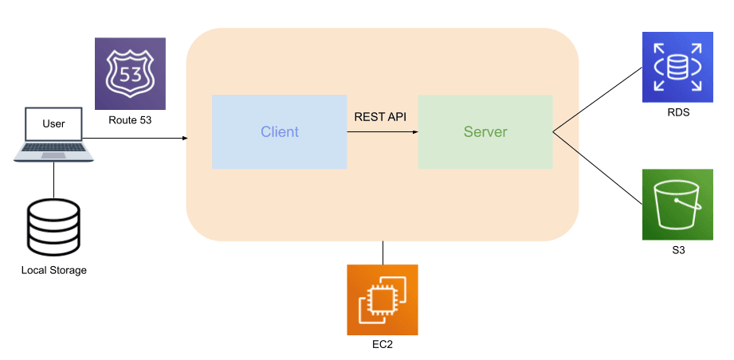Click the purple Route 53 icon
[130, 73]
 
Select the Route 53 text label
[130, 122]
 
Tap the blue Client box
[279, 131]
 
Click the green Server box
[485, 131]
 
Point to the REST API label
[380, 117]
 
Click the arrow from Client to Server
[383, 132]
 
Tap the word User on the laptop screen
[53, 124]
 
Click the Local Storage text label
[53, 271]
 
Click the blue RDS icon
[677, 68]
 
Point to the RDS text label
[677, 113]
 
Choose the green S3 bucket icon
[677, 205]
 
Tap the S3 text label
[677, 250]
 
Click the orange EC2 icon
[382, 299]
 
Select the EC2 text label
[382, 345]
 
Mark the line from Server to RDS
[598, 100]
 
